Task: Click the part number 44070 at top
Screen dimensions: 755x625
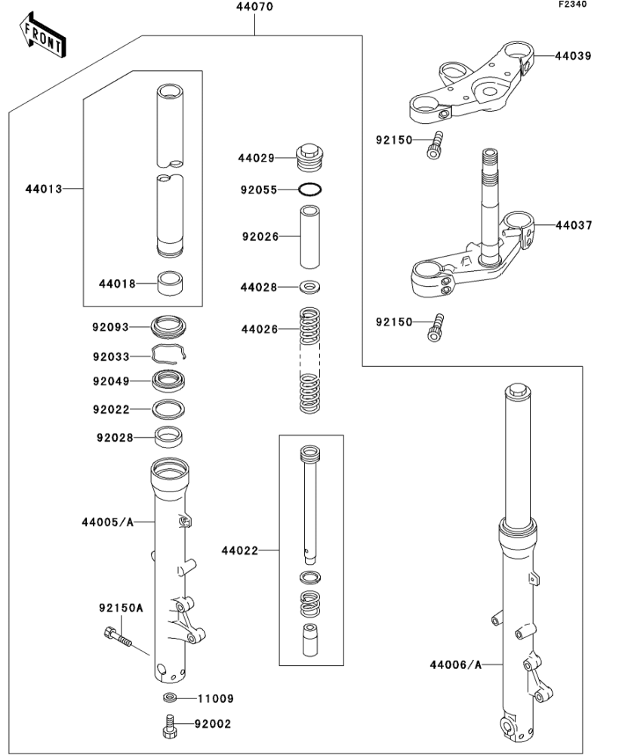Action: coord(256,7)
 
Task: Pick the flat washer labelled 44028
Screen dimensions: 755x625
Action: coord(310,288)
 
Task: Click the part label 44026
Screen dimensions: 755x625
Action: coord(259,329)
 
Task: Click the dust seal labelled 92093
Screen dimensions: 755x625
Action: coord(172,327)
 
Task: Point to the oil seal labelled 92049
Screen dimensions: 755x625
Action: coord(171,381)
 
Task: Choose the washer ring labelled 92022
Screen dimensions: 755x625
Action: coord(171,409)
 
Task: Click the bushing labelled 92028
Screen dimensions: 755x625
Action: coord(171,436)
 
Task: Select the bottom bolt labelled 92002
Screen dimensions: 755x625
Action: coord(169,726)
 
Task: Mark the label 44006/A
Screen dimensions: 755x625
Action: coord(455,664)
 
